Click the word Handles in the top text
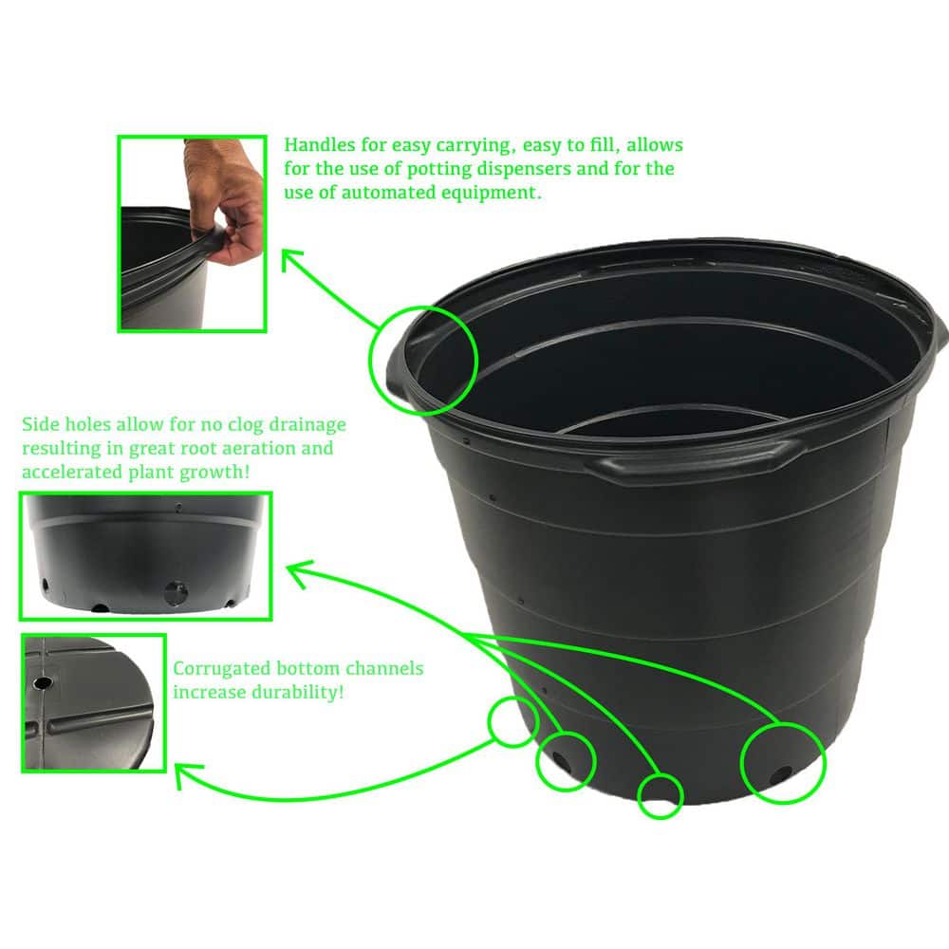317,145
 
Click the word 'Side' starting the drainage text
41,424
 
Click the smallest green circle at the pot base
660,795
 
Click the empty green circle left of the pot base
512,721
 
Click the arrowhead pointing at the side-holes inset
294,568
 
